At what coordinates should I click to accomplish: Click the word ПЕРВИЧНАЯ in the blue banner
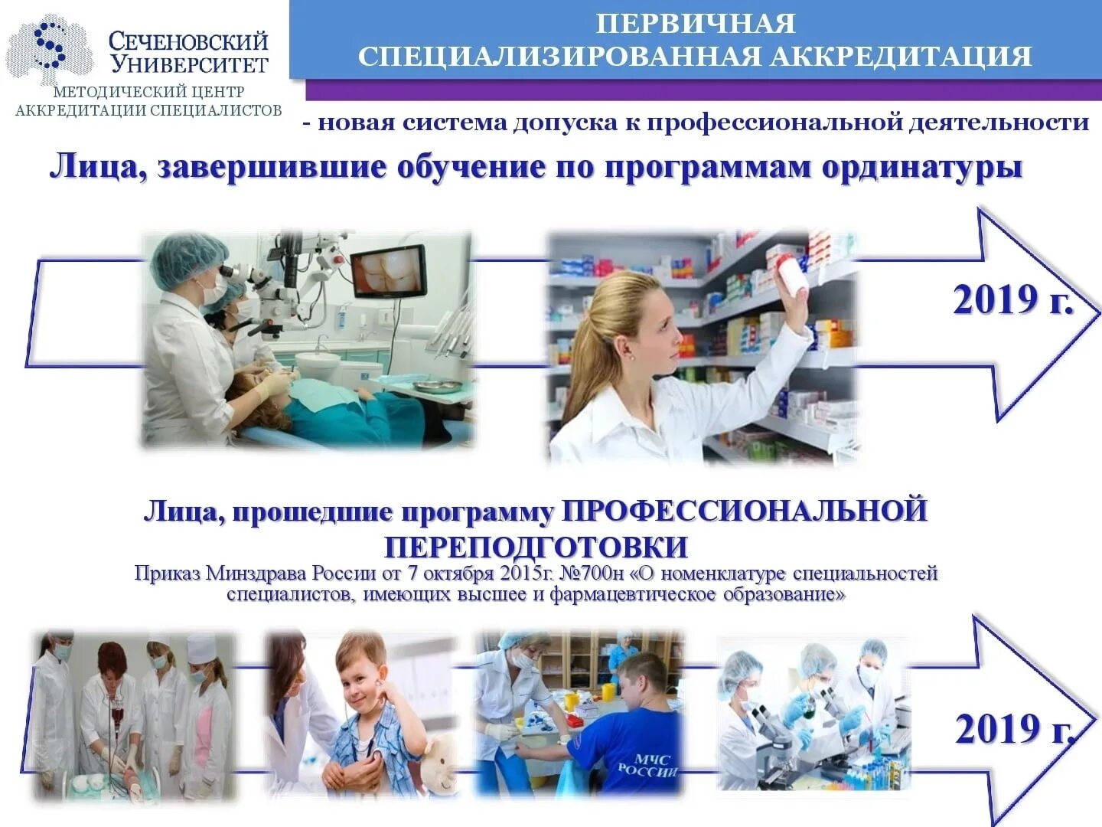click(x=695, y=24)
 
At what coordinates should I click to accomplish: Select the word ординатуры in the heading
click(x=922, y=168)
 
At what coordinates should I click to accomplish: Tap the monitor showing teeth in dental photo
click(x=388, y=271)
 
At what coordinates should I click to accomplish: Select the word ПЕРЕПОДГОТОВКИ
click(x=536, y=548)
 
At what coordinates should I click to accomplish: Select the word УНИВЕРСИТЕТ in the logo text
click(x=189, y=64)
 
